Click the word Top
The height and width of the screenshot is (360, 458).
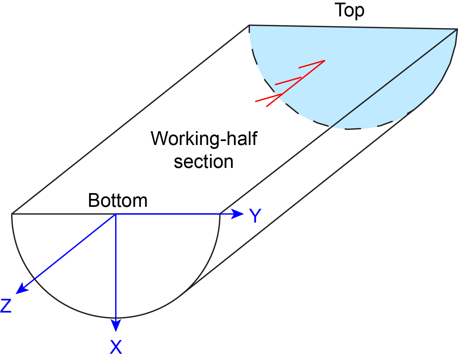[x=349, y=10]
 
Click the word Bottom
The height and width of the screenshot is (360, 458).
[x=118, y=200]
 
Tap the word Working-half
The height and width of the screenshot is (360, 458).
[x=204, y=139]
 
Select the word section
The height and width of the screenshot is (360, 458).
[x=203, y=162]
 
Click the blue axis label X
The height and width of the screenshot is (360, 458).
[x=116, y=347]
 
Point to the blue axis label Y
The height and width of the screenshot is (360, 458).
[x=255, y=216]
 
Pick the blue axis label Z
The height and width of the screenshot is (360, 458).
[x=6, y=306]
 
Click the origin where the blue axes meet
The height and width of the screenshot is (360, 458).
[x=116, y=214]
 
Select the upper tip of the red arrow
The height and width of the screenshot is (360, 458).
[x=324, y=61]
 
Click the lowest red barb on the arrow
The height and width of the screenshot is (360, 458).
[x=268, y=98]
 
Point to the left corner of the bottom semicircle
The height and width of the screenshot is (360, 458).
[x=12, y=214]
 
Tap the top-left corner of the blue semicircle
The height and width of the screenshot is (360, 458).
[x=250, y=25]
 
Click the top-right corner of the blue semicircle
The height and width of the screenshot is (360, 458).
[x=456, y=29]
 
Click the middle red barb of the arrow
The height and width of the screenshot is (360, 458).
[x=288, y=81]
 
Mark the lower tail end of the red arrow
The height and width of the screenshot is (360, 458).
[x=267, y=106]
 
